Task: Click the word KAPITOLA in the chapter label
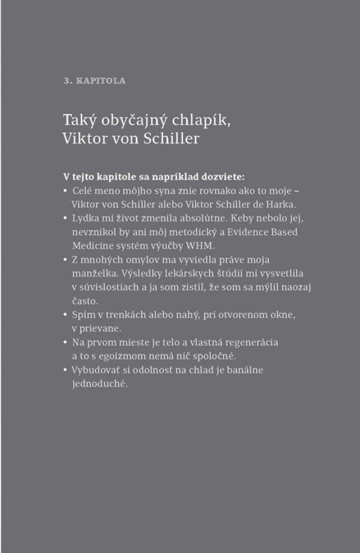[x=106, y=81]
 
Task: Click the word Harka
[x=279, y=204]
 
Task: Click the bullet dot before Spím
[x=65, y=315]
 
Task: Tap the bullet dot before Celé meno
[x=65, y=190]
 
